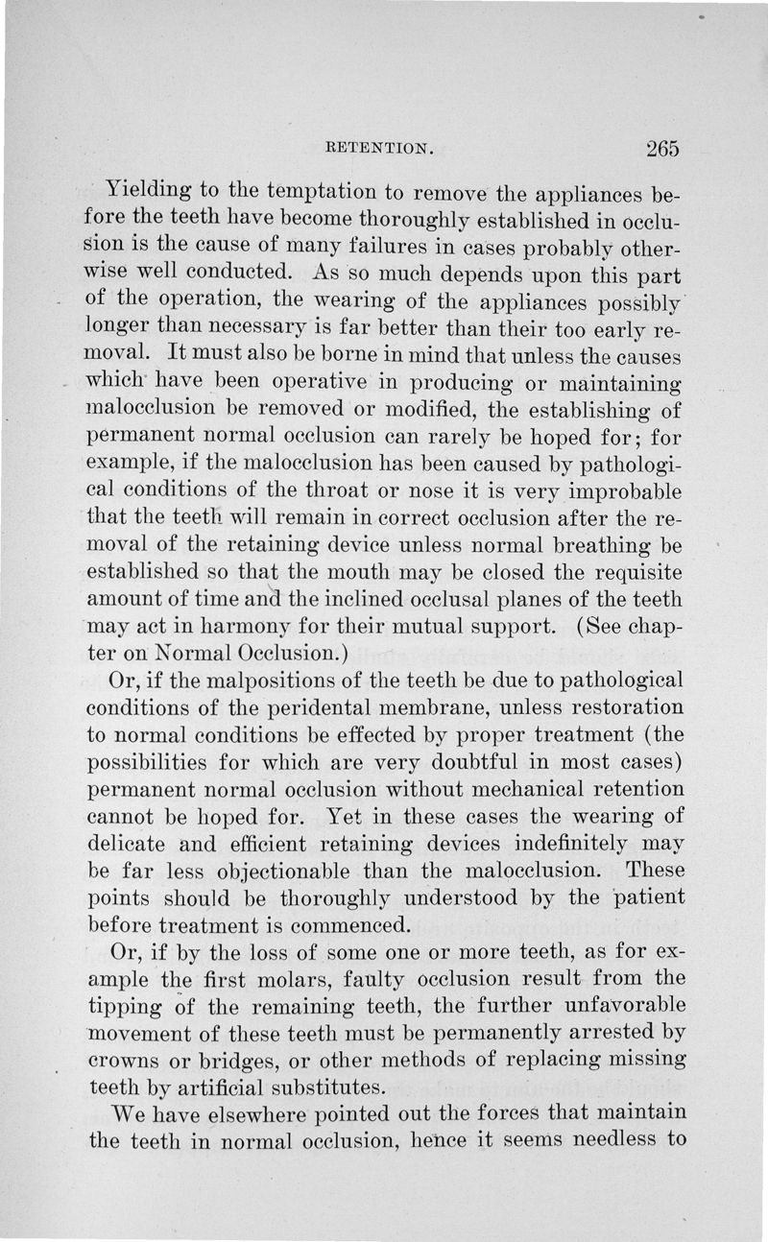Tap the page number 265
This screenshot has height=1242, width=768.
click(x=662, y=148)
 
